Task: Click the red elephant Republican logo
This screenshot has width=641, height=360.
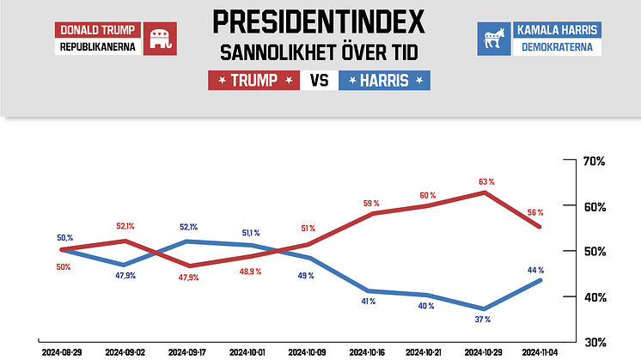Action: [x=159, y=38]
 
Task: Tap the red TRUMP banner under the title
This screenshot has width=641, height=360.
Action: [x=254, y=81]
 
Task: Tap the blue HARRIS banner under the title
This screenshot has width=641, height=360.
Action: [x=386, y=81]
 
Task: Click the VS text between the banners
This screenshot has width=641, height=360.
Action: [x=320, y=81]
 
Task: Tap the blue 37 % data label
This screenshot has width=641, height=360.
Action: [x=481, y=319]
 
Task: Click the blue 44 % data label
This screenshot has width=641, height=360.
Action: [x=534, y=270]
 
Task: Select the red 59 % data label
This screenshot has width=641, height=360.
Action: [x=370, y=203]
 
